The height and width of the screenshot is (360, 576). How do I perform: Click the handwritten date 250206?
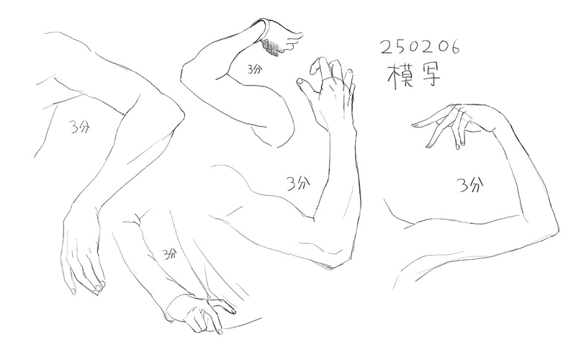coord(420,47)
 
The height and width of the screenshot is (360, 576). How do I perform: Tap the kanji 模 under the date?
coord(400,76)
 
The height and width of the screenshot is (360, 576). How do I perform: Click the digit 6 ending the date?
coord(454,47)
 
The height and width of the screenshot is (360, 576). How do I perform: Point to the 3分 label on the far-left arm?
coord(80,127)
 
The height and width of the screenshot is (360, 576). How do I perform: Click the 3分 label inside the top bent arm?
coord(255,69)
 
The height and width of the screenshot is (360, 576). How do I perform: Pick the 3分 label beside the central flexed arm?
coord(297,183)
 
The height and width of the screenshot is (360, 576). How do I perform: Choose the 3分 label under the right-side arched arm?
coord(470,185)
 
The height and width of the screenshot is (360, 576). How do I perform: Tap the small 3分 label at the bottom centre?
coord(170,253)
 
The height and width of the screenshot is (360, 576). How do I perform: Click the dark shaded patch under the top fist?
coord(271,47)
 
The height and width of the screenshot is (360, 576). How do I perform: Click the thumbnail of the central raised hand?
coord(300,81)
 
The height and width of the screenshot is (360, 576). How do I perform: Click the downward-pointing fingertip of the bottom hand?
coord(220,332)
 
